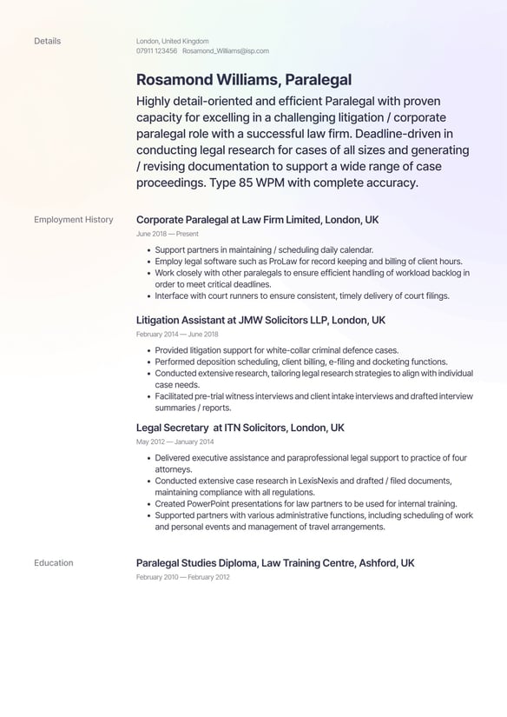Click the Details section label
coord(47,41)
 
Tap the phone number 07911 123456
coord(156,51)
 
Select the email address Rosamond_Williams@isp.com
coord(225,51)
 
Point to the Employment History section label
coord(74,220)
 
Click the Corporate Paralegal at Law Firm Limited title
coord(257,220)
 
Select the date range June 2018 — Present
coord(168,234)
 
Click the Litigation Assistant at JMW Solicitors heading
coord(260,321)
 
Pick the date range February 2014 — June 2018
coord(177,335)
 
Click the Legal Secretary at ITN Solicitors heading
coord(240,428)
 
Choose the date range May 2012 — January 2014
coord(176,441)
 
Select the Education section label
coord(54,563)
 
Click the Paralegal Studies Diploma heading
coord(275,563)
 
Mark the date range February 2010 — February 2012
coord(183,577)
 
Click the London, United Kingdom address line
coord(172,41)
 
